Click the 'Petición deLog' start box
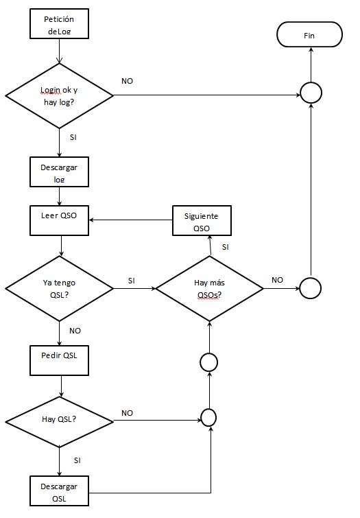point(59,24)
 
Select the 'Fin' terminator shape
point(309,34)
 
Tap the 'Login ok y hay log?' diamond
point(60,96)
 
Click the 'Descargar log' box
point(59,172)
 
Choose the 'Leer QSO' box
point(59,220)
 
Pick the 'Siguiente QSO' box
point(202,220)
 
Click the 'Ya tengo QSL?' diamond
point(60,288)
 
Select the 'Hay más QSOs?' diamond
point(209,288)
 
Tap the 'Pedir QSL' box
point(59,360)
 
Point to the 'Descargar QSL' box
point(59,491)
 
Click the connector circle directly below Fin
point(311,93)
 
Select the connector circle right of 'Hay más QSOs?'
point(310,288)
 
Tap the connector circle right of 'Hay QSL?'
point(208,418)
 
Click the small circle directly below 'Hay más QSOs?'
point(208,362)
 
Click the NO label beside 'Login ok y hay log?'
point(127,81)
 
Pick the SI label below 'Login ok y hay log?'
point(73,137)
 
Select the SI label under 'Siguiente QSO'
point(226,247)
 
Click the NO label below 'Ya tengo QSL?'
point(75,331)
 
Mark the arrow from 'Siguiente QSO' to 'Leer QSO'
point(131,220)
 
